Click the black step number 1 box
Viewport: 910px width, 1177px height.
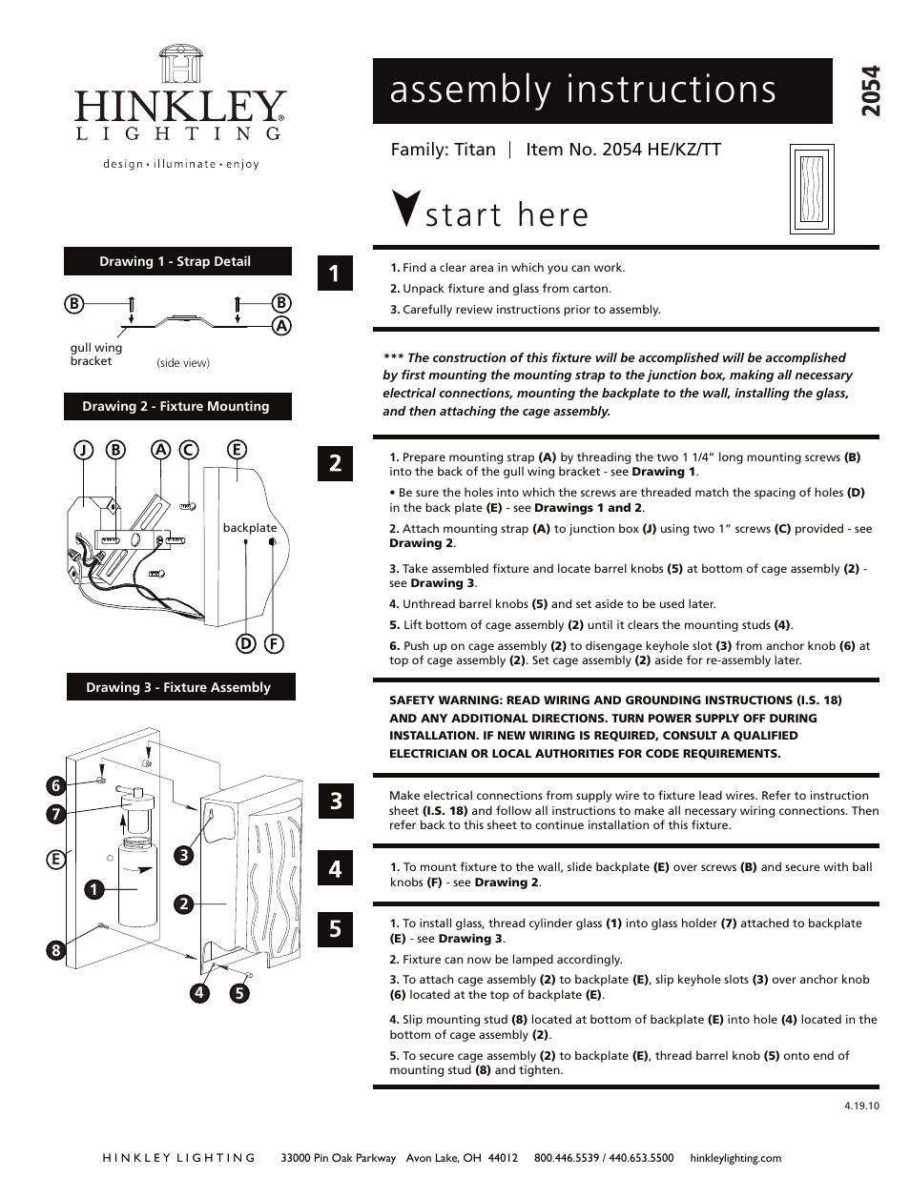(x=335, y=274)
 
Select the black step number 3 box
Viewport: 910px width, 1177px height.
(x=335, y=802)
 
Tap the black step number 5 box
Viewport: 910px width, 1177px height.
(x=335, y=928)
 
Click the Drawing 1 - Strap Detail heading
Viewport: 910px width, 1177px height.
(x=177, y=261)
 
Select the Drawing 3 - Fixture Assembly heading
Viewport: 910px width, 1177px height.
(x=180, y=687)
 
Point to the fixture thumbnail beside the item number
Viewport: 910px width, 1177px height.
(x=812, y=190)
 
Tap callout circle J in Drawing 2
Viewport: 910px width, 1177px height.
(x=85, y=450)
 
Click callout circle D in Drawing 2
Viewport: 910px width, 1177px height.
(x=246, y=643)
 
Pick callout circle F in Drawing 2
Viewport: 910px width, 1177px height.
(x=273, y=643)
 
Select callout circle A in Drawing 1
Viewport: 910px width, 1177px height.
(x=280, y=325)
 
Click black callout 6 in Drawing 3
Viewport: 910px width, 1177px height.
(x=56, y=786)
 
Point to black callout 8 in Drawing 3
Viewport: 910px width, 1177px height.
(x=56, y=950)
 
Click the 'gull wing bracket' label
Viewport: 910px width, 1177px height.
(x=95, y=355)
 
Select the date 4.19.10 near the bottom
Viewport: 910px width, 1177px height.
(x=860, y=1106)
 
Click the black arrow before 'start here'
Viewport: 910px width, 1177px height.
(x=405, y=209)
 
